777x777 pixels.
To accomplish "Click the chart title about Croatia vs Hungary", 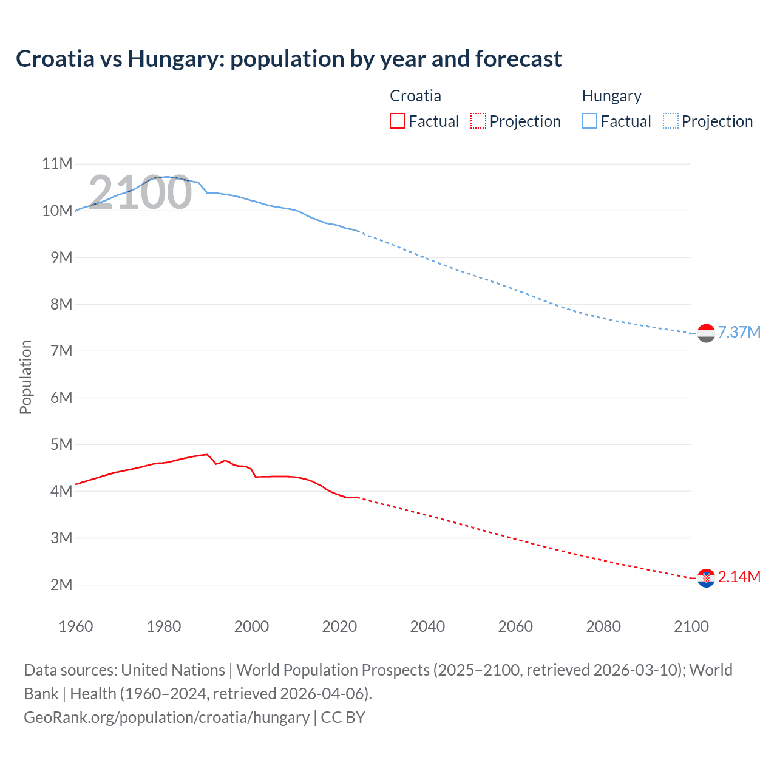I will click(288, 59).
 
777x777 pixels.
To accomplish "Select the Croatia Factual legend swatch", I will click(397, 121).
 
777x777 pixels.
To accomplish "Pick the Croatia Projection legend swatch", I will click(478, 121).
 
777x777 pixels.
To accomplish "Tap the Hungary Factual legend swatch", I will click(589, 121).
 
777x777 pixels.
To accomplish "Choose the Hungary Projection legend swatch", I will click(671, 121).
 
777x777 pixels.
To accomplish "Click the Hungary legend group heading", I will click(611, 96).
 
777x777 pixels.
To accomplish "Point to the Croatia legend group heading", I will click(415, 96).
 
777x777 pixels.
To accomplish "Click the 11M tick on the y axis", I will click(57, 164).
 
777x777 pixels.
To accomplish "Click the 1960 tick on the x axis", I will click(76, 626).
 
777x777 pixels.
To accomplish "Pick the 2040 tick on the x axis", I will click(427, 626).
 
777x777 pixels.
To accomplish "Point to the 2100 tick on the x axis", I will click(691, 626).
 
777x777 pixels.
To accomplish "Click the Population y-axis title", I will click(25, 377).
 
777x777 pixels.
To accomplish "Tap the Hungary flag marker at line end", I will click(706, 333).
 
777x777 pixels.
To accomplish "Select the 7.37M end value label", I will click(739, 333).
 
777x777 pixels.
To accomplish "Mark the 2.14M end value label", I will click(739, 577).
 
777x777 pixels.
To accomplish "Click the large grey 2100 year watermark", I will click(140, 192).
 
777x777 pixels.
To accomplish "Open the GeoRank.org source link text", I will click(166, 718).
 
